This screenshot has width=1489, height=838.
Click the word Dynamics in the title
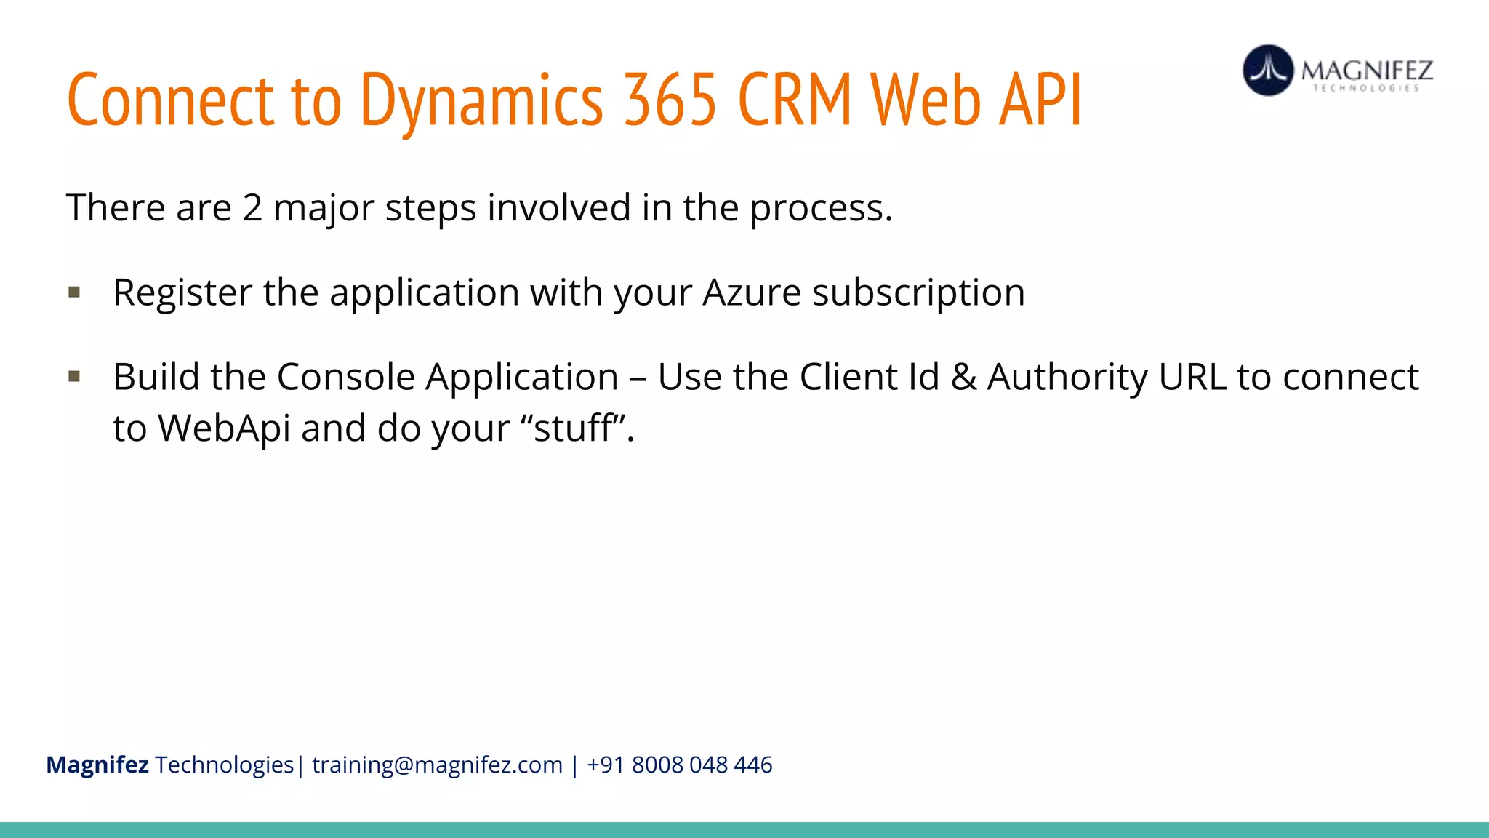(x=481, y=100)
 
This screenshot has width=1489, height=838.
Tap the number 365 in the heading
(x=670, y=100)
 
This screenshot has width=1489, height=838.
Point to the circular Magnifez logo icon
(x=1268, y=71)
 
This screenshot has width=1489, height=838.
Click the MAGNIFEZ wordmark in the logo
(x=1367, y=71)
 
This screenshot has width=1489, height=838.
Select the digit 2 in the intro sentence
(x=252, y=208)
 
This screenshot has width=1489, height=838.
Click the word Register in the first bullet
(x=182, y=293)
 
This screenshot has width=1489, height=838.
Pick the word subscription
(x=918, y=293)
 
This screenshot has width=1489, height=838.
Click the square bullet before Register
(x=74, y=292)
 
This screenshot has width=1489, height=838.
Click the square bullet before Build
(x=74, y=377)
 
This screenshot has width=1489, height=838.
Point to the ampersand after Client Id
(x=963, y=378)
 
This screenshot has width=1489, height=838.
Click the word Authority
(x=1067, y=378)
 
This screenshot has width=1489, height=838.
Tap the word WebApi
(x=225, y=428)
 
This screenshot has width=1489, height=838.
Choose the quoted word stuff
(x=573, y=428)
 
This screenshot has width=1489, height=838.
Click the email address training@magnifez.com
(x=437, y=765)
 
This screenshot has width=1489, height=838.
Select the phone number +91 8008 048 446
(x=679, y=765)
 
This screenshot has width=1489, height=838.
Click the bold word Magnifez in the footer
(x=97, y=765)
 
